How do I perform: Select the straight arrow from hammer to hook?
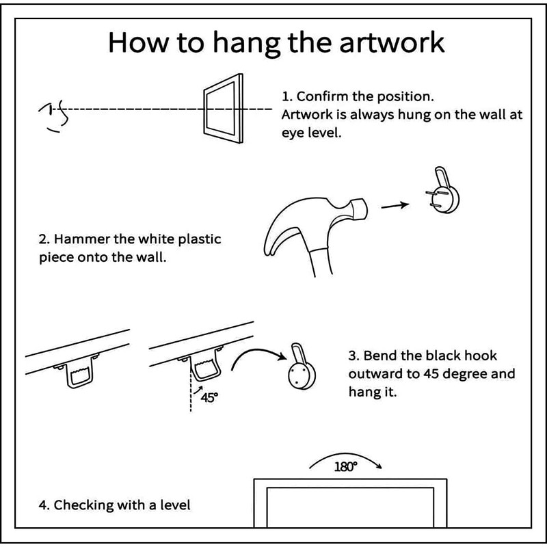pos(395,204)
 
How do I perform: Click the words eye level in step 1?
pos(310,133)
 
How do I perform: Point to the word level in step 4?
pos(174,505)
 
